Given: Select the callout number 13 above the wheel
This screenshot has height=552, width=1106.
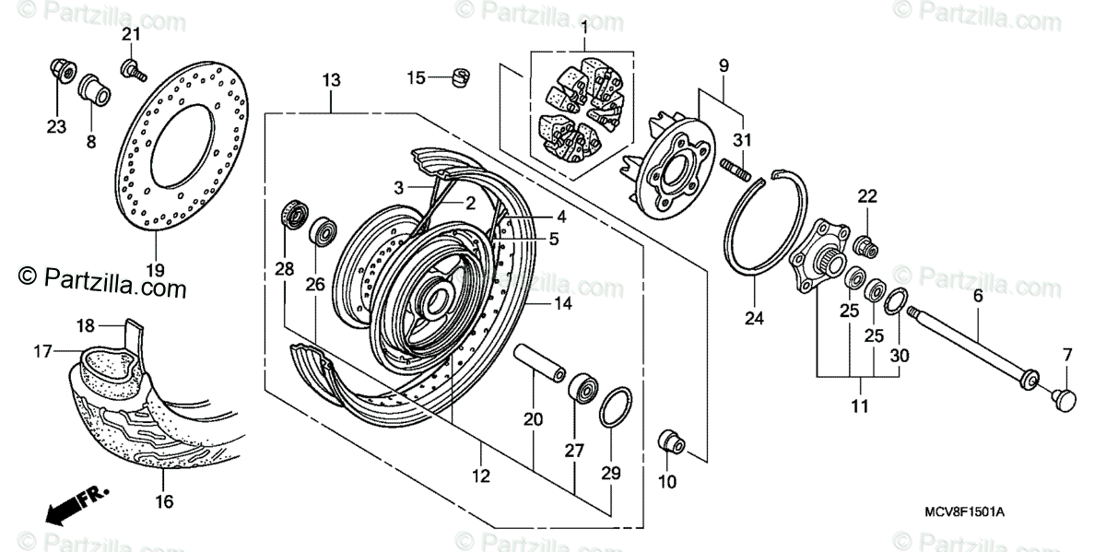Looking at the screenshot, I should point(331,80).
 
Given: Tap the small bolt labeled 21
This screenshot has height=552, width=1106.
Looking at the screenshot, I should point(131,67).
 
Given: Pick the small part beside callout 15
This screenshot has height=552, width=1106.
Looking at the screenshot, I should point(459,76).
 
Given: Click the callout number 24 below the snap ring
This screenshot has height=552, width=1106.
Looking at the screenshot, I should point(754,320).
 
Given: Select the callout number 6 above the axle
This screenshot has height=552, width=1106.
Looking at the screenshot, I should point(976,297).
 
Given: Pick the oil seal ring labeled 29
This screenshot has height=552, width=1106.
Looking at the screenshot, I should point(613,407).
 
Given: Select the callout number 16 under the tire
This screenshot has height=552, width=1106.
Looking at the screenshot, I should point(163,501).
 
